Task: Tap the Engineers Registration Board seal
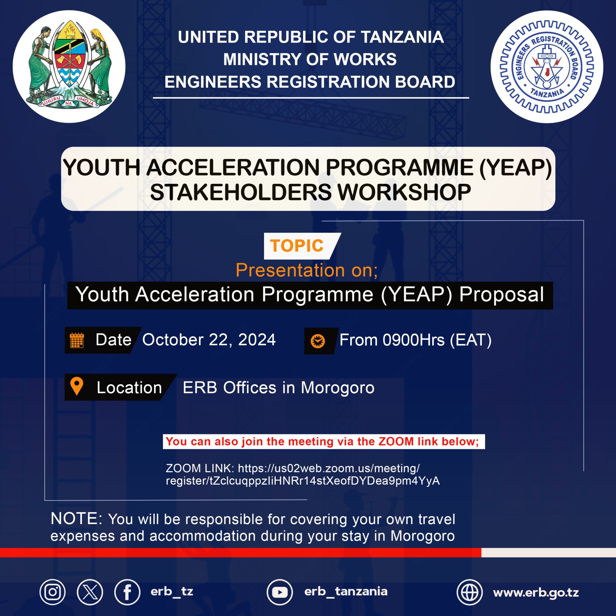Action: (x=547, y=67)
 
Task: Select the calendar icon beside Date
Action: (x=77, y=340)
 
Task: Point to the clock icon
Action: (x=318, y=341)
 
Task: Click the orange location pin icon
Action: (x=77, y=386)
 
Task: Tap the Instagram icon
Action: (x=53, y=592)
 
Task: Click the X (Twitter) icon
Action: (x=90, y=592)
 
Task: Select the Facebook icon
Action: (x=127, y=592)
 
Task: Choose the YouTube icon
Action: (x=280, y=592)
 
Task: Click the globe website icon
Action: (x=469, y=592)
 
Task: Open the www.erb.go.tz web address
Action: (x=536, y=593)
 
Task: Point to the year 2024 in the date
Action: (x=257, y=340)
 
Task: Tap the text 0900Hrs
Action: (x=414, y=340)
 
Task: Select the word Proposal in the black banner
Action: (x=502, y=295)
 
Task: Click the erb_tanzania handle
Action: (x=346, y=592)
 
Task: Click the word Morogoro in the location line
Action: (x=337, y=388)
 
